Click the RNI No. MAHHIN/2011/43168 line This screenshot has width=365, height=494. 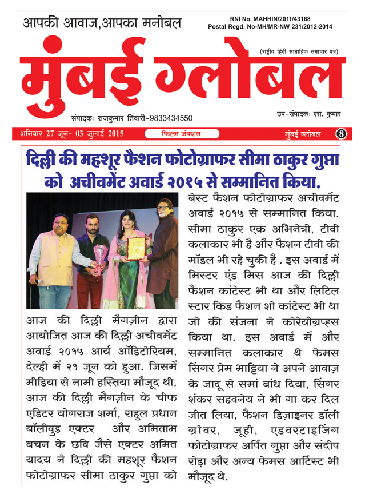point(274,18)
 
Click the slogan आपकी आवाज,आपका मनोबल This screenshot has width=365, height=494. point(103,23)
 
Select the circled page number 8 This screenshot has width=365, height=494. point(342,134)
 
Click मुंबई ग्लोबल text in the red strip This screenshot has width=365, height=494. point(303,134)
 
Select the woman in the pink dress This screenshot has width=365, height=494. point(130,257)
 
